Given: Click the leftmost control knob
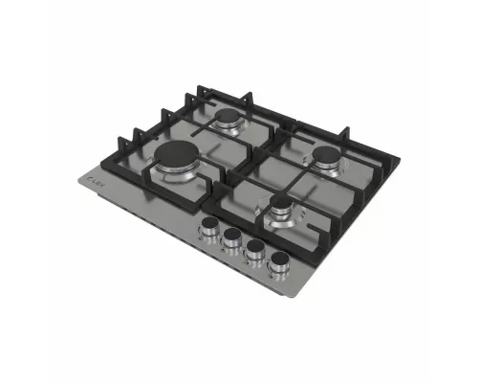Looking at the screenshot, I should [207, 231].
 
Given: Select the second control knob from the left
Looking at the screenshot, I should [230, 241].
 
